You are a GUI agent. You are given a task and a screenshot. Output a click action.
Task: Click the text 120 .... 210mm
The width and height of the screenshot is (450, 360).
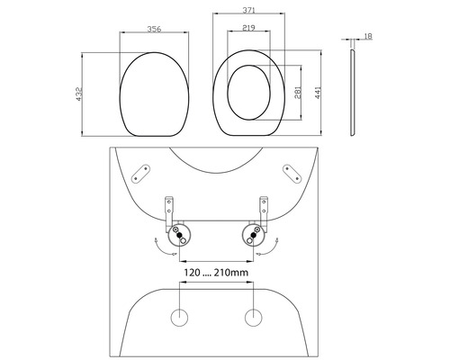click(x=217, y=271)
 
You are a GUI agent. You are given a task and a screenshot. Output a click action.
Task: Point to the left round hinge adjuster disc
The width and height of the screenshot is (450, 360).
click(x=181, y=238)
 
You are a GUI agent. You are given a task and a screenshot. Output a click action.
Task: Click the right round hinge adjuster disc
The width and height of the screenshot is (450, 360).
click(x=253, y=238)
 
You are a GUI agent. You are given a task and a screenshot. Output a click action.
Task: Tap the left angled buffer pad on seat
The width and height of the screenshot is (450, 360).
click(x=144, y=173)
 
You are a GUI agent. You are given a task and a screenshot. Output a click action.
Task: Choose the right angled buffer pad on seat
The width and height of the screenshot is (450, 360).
click(x=291, y=173)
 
